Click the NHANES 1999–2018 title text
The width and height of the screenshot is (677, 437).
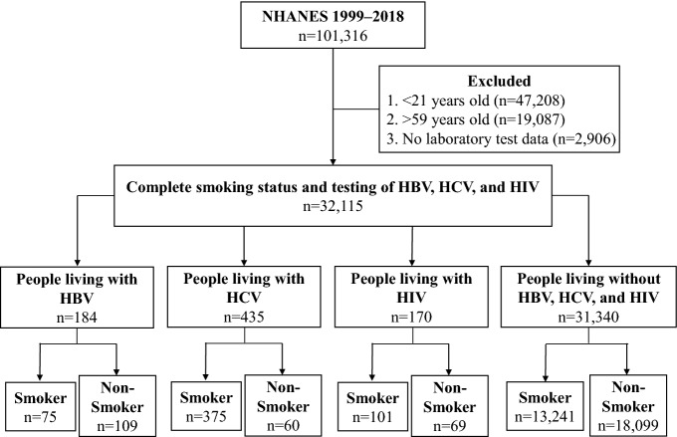[333, 16]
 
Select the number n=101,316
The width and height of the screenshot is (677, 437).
[333, 36]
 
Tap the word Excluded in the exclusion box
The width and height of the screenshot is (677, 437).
[499, 81]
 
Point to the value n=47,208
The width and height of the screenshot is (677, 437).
[532, 101]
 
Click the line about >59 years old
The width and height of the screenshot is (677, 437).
[476, 119]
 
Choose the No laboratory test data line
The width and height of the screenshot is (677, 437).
[501, 138]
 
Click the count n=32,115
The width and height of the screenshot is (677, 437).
[333, 205]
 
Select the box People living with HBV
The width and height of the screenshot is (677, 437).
[77, 297]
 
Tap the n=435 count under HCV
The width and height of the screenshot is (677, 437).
[244, 317]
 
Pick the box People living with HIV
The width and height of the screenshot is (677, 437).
[411, 297]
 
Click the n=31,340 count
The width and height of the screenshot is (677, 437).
[588, 317]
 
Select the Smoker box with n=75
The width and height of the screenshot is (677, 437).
[41, 406]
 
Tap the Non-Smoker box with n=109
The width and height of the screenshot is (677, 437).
[117, 405]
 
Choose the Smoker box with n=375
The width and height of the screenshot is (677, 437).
[206, 406]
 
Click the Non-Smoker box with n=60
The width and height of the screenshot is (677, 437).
[283, 405]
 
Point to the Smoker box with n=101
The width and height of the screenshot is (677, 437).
[372, 406]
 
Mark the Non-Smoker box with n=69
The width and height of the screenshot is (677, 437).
[449, 405]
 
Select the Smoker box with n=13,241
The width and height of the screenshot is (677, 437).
[545, 406]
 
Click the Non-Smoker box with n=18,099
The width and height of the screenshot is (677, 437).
[628, 405]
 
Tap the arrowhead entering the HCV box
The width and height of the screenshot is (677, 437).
[244, 262]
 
